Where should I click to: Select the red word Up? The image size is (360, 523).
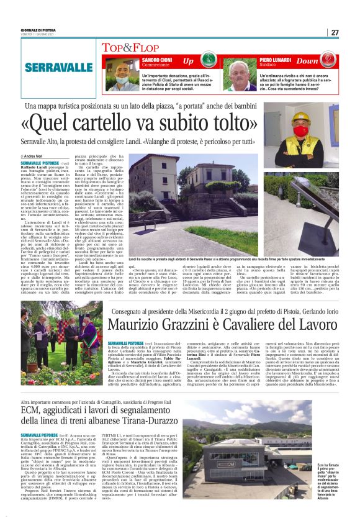(x=189, y=61)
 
